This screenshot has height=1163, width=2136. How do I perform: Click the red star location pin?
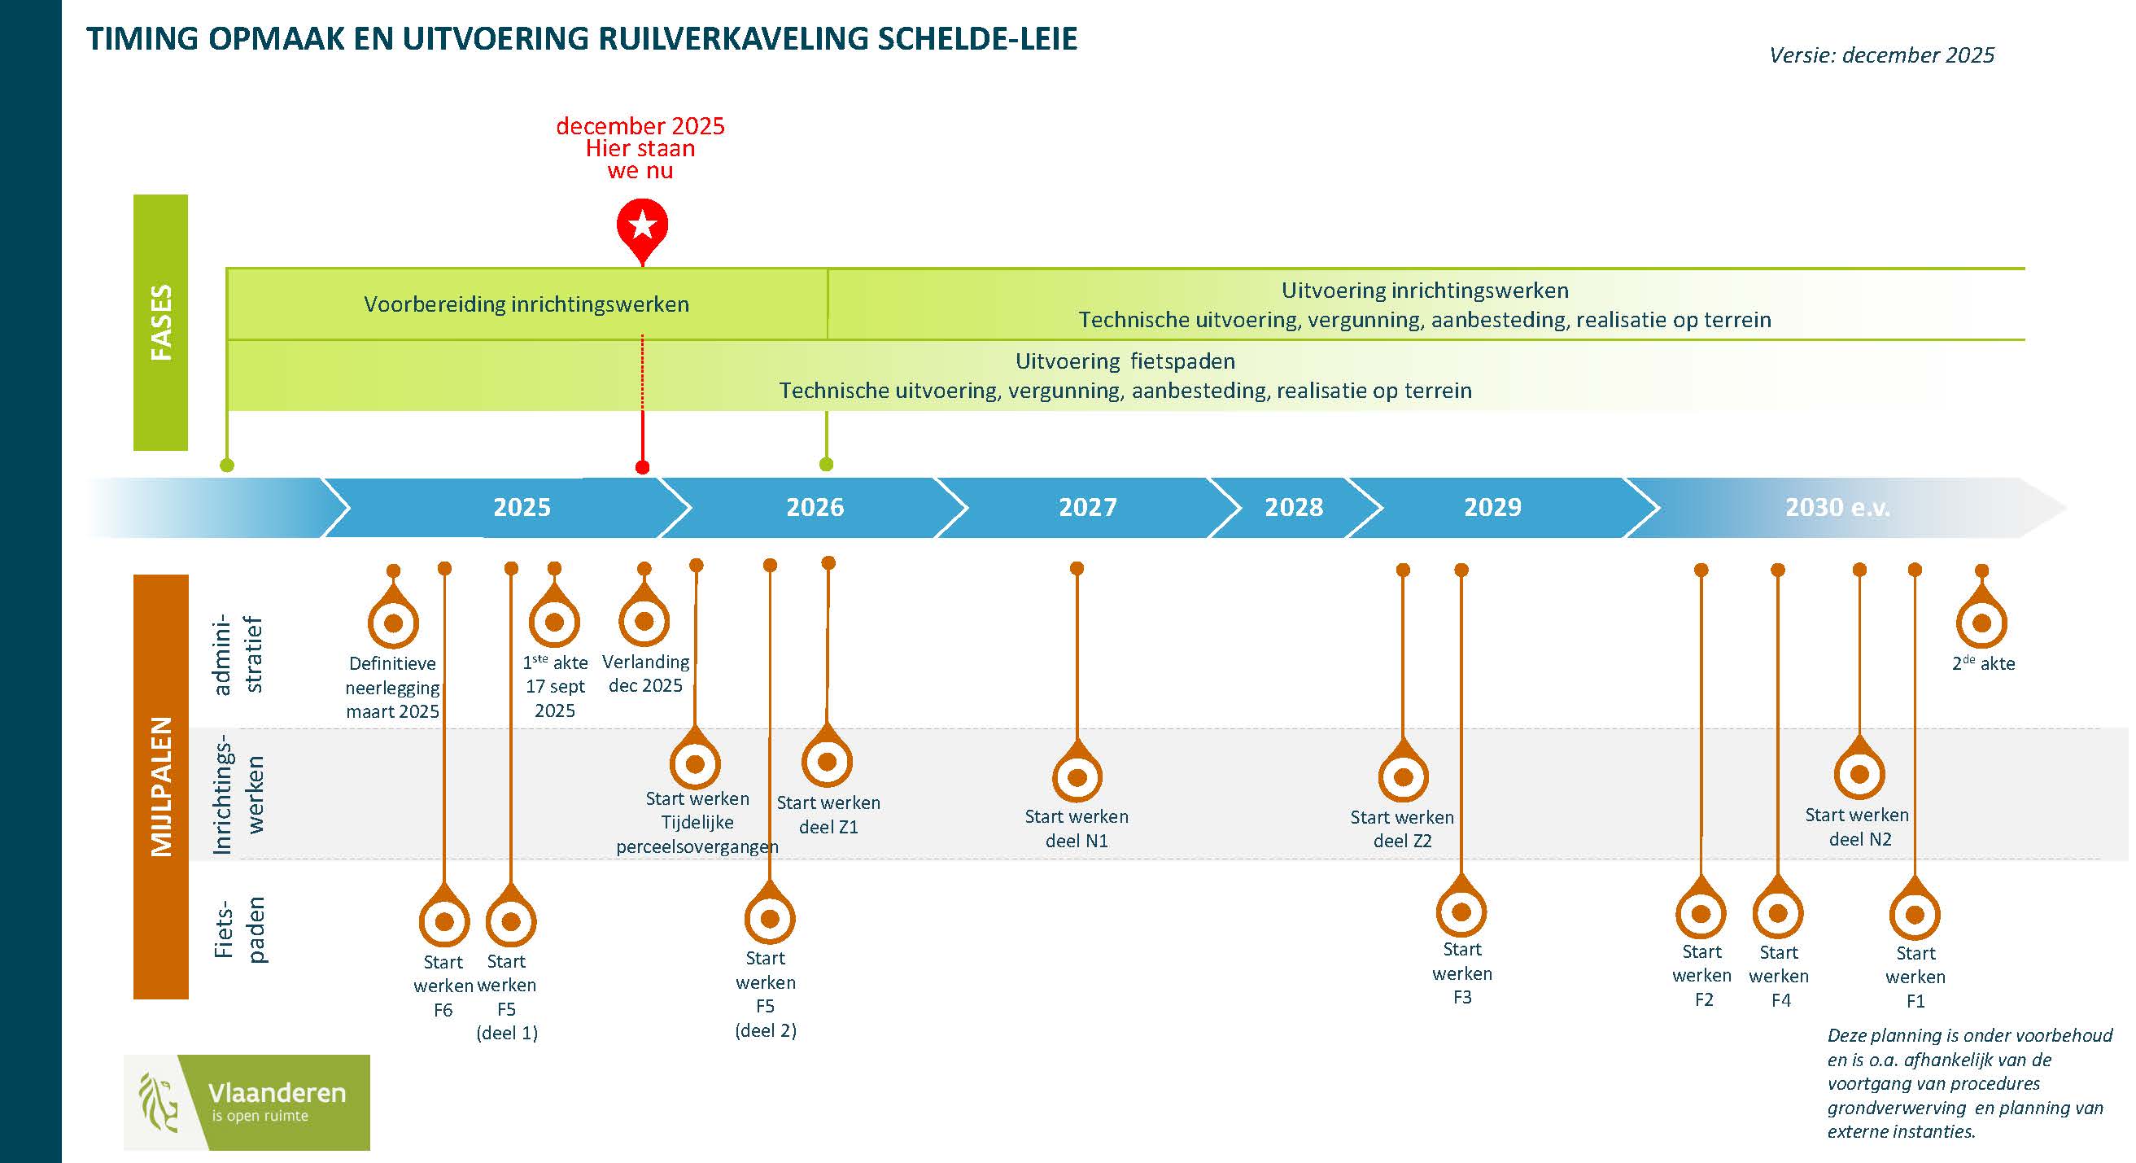pos(642,225)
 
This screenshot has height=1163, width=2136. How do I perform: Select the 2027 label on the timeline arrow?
pos(1087,507)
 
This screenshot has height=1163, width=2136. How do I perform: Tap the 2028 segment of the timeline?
pos(1293,507)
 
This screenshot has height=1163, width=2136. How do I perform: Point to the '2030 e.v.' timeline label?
pos(1837,507)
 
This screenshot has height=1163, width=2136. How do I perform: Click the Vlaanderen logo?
pos(247,1102)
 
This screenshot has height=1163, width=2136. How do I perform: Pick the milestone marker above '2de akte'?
pos(1981,622)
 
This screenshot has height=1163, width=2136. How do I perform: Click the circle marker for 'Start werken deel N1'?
pos(1077,777)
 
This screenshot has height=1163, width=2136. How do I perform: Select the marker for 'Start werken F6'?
pos(444,920)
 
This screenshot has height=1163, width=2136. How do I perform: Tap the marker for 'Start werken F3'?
pos(1461,912)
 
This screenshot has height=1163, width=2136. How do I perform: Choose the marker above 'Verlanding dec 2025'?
pos(644,621)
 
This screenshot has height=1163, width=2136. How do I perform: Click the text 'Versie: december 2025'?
pos(1880,55)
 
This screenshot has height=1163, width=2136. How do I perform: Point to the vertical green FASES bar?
pos(161,321)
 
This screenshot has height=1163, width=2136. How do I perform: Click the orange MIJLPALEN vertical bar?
pos(161,785)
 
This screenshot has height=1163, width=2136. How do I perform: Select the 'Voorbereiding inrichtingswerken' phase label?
pos(526,304)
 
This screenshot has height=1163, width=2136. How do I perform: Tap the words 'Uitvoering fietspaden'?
pos(1125,361)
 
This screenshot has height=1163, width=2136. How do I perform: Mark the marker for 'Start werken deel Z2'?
pos(1403,777)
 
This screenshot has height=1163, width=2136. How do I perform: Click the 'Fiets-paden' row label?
pos(241,929)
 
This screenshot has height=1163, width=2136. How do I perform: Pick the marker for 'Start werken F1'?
pos(1915,914)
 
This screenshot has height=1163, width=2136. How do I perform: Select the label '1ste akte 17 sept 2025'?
pos(555,686)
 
